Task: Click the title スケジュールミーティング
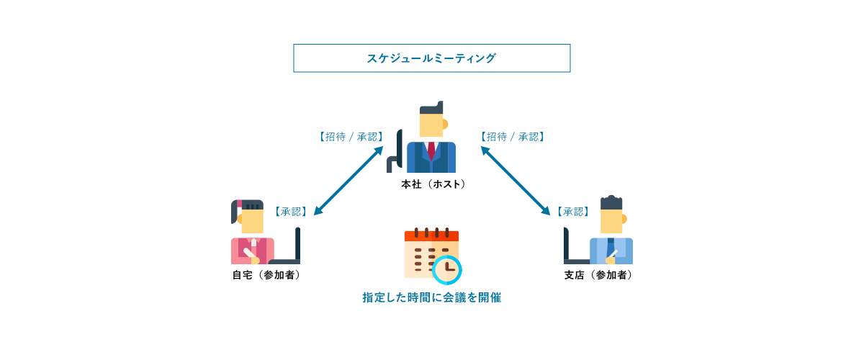[x=431, y=58]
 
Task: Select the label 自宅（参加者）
[x=266, y=275]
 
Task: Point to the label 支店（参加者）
[x=598, y=275]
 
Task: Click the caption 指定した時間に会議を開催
[x=431, y=297]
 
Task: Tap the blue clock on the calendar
[x=448, y=269]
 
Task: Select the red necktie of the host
[x=431, y=150]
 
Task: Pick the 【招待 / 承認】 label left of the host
[x=351, y=136]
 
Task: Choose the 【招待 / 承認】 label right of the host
[x=512, y=136]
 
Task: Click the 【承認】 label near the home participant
[x=291, y=212]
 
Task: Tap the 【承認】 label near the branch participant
[x=573, y=212]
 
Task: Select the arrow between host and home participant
[x=348, y=181]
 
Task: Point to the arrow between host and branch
[x=516, y=181]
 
